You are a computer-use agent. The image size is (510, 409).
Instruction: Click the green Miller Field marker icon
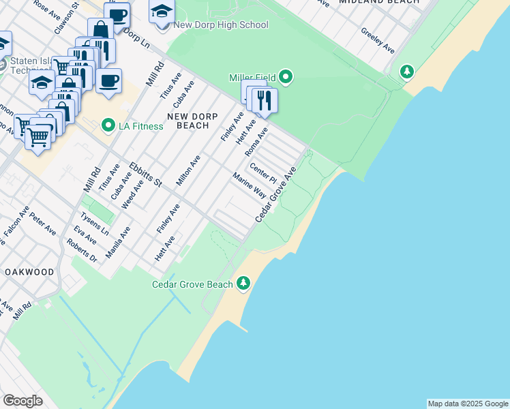[286, 77]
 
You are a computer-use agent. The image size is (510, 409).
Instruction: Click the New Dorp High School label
[221, 25]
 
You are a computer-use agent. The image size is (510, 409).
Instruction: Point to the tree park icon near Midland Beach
[407, 71]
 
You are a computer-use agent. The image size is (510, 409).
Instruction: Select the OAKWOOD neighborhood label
[29, 272]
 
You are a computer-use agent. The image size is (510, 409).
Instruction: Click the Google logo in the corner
[22, 400]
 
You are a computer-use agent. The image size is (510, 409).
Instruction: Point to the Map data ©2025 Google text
[468, 404]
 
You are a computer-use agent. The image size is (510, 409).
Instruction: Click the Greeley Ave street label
[378, 41]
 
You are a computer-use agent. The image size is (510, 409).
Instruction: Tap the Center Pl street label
[262, 173]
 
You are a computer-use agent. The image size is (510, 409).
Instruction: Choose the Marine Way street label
[249, 185]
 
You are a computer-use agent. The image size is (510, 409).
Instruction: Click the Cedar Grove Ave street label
[276, 194]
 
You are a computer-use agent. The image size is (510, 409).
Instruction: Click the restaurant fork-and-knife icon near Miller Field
[264, 100]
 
